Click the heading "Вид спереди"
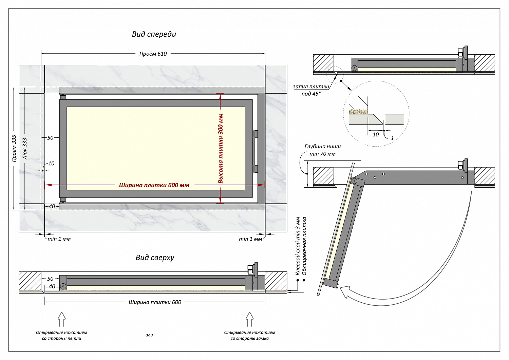154,34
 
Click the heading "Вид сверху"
155,258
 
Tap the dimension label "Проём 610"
153,54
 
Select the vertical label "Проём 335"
14,148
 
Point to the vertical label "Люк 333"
24,148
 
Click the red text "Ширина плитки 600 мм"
154,185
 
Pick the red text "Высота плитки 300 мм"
221,148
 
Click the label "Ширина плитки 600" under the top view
155,302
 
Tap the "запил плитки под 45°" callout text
311,90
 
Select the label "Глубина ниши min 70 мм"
322,150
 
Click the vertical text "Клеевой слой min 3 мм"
298,246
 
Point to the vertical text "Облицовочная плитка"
304,246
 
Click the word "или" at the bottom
149,335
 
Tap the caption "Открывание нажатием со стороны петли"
61,335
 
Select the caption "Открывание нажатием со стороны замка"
249,335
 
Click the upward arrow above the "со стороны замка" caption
249,319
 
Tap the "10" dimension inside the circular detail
376,134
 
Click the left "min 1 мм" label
59,239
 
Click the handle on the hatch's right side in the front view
255,151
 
